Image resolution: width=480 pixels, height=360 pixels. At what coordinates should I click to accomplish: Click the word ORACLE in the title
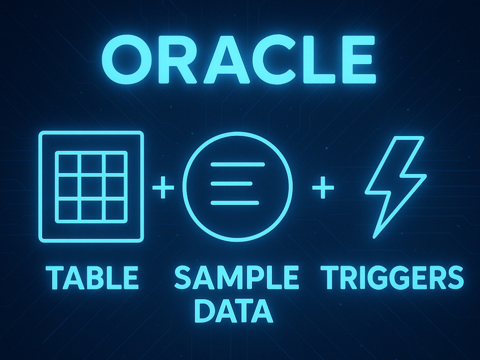(x=239, y=60)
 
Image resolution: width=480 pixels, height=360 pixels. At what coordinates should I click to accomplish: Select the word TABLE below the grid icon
(x=92, y=277)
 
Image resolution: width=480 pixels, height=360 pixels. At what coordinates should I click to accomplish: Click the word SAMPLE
(x=236, y=277)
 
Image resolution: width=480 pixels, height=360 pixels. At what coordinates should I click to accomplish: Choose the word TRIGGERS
(x=392, y=277)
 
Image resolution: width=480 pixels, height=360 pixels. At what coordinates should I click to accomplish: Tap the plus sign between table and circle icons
(x=163, y=187)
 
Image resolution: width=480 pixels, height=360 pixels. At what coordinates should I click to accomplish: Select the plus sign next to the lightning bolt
(x=323, y=187)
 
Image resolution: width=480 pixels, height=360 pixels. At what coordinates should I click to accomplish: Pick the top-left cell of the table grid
(x=68, y=164)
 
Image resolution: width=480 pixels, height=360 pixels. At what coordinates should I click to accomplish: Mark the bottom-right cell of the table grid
(x=115, y=210)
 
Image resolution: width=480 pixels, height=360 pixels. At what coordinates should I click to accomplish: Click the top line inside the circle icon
(x=238, y=165)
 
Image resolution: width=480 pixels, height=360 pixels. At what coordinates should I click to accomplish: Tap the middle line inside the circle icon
(x=232, y=184)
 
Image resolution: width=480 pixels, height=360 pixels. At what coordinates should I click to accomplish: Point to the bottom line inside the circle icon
(x=235, y=203)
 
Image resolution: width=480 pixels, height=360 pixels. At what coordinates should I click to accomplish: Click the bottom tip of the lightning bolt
(x=374, y=237)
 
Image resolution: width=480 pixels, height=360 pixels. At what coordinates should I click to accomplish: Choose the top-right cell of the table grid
(x=115, y=164)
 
